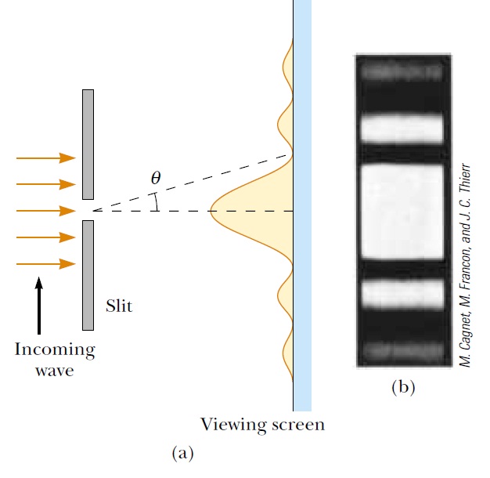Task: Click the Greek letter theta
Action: pos(156,178)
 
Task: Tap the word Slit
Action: pos(119,306)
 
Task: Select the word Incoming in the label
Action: pos(54,349)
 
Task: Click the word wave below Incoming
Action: pos(54,370)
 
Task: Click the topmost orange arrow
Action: pos(45,158)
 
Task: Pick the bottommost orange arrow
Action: pos(45,264)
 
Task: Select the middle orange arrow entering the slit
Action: pos(45,211)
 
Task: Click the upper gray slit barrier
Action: pos(88,144)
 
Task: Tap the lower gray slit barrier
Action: pos(88,274)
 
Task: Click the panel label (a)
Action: pos(181,452)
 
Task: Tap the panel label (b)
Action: pos(403,386)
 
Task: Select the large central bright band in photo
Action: pos(401,211)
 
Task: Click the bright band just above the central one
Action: pos(401,128)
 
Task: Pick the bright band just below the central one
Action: pos(401,293)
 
